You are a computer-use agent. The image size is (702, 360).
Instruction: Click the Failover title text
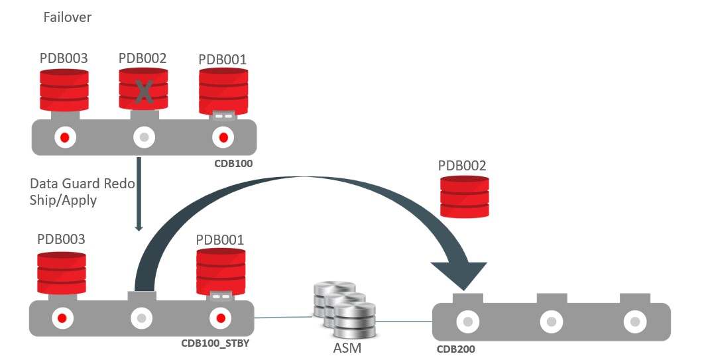[x=67, y=17]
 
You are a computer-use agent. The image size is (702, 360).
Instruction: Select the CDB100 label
[x=233, y=162]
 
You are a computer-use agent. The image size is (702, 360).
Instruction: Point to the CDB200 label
[x=455, y=348]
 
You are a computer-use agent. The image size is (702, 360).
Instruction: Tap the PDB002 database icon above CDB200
[x=465, y=196]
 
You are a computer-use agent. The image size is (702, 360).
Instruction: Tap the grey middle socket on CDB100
[x=144, y=137]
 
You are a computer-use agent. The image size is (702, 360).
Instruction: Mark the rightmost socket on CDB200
[x=634, y=322]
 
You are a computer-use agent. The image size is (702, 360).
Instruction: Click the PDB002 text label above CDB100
[x=143, y=58]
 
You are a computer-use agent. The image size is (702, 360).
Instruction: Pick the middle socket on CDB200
[x=551, y=322]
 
